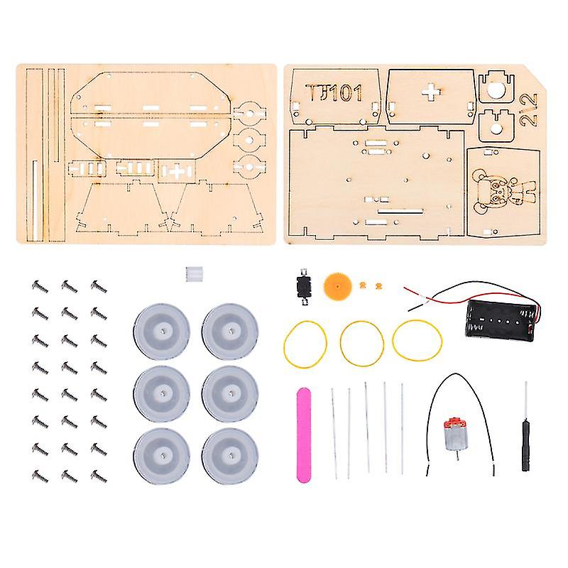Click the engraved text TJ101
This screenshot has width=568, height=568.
click(334, 92)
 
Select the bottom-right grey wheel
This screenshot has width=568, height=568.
click(230, 456)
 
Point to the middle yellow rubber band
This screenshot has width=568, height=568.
click(361, 342)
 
